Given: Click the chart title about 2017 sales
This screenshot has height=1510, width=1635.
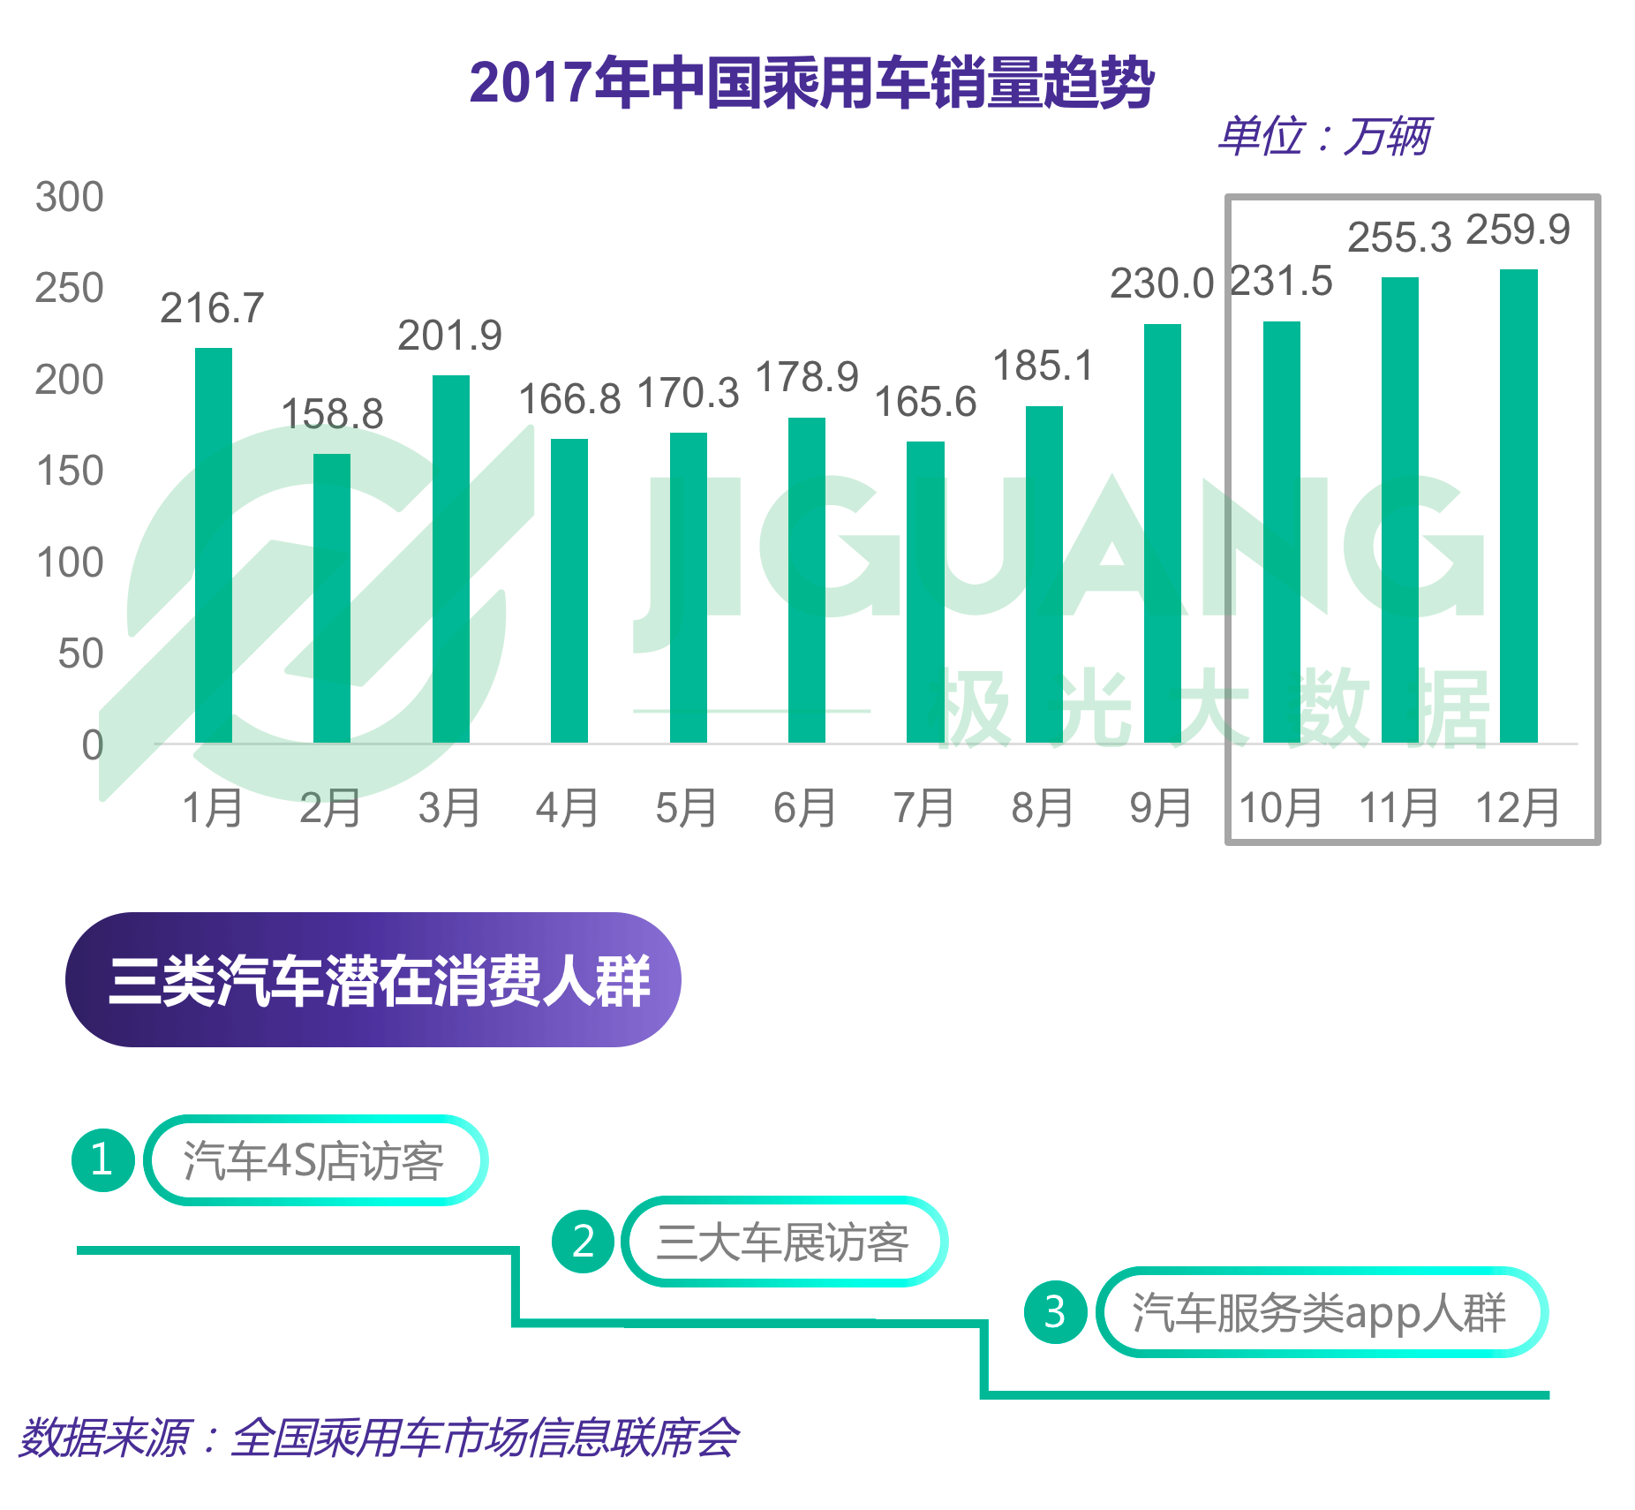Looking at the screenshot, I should (811, 83).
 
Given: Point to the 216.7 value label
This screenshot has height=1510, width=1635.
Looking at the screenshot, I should (212, 309).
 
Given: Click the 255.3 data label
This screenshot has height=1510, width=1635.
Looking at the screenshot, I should (1399, 238).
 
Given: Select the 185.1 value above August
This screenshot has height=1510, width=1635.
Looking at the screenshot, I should (1044, 366).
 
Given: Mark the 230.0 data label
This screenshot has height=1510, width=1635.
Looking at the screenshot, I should (1162, 284).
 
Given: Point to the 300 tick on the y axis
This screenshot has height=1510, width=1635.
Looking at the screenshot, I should (70, 197).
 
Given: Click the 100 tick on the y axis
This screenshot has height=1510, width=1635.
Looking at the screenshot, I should (70, 562).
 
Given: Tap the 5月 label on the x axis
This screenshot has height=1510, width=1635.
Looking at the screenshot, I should (686, 808).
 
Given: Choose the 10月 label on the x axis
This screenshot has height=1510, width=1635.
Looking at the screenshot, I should (1281, 808).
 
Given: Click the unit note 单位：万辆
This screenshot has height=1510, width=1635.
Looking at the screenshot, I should (1324, 137).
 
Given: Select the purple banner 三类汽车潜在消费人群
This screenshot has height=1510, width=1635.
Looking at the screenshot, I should (373, 980).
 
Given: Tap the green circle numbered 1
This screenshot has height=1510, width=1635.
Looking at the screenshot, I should (102, 1159).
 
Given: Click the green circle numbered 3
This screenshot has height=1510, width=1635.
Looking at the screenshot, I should (1054, 1312).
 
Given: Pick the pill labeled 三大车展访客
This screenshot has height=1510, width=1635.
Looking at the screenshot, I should (784, 1242).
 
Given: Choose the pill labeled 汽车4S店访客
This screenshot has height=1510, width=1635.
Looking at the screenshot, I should (315, 1160).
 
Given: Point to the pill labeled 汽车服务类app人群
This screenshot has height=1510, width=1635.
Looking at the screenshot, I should (1321, 1312).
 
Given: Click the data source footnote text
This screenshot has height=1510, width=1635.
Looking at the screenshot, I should (380, 1438).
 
